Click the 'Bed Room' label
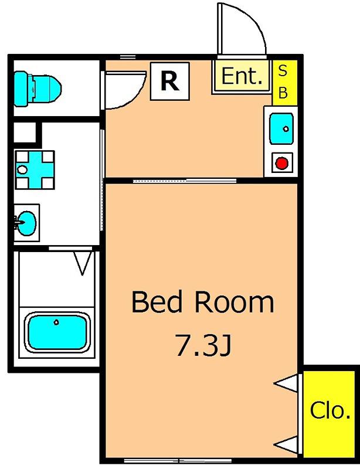(x=203, y=302)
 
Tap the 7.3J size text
(x=203, y=345)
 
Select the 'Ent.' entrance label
(x=242, y=76)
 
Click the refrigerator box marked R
(x=170, y=81)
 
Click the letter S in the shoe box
(x=283, y=71)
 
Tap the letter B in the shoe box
(x=283, y=93)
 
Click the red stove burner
(x=281, y=164)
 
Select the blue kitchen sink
(x=281, y=128)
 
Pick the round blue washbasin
(x=26, y=223)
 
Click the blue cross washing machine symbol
(x=35, y=170)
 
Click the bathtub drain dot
(x=56, y=322)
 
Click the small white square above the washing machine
(x=25, y=132)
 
